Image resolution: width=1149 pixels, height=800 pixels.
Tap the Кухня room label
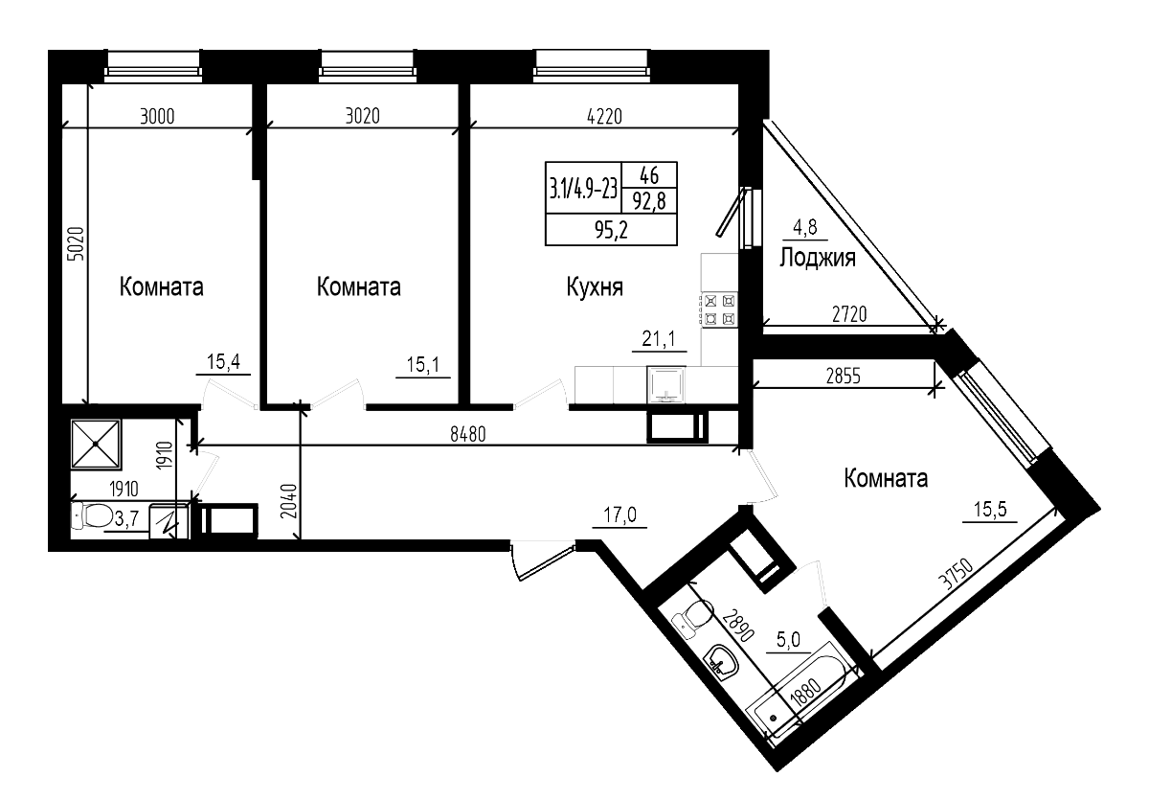(x=595, y=286)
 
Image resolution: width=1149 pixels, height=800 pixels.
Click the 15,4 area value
(x=223, y=362)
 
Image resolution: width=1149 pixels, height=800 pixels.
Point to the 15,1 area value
(x=422, y=364)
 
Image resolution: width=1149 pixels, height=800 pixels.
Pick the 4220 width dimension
(x=603, y=117)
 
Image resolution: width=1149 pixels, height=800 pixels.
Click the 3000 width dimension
(x=157, y=117)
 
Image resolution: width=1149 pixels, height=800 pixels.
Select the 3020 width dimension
(x=362, y=117)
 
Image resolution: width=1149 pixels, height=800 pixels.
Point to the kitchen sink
(x=666, y=383)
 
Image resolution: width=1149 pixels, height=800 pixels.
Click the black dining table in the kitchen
(x=611, y=204)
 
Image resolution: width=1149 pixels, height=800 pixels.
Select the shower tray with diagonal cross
(x=97, y=443)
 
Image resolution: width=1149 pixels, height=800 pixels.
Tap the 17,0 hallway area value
(x=620, y=516)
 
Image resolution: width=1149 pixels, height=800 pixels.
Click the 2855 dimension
(x=844, y=376)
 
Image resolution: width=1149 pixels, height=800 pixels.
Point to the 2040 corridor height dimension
(x=293, y=502)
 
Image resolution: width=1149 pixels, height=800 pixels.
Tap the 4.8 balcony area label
(x=804, y=228)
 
